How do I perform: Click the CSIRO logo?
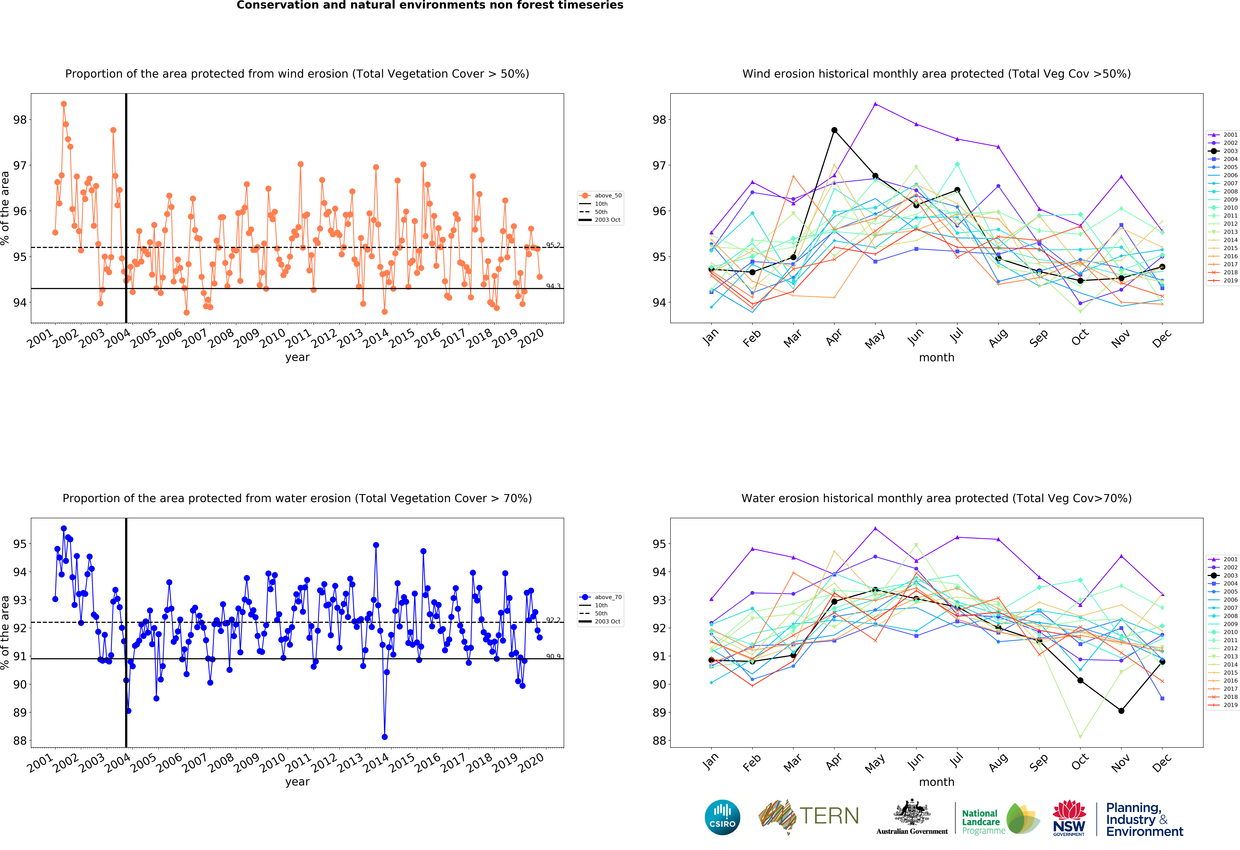[722, 817]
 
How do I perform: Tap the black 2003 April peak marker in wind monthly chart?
[834, 130]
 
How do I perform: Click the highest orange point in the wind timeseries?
[63, 104]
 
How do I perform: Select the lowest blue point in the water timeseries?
[385, 737]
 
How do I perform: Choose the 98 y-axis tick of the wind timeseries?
[20, 120]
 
